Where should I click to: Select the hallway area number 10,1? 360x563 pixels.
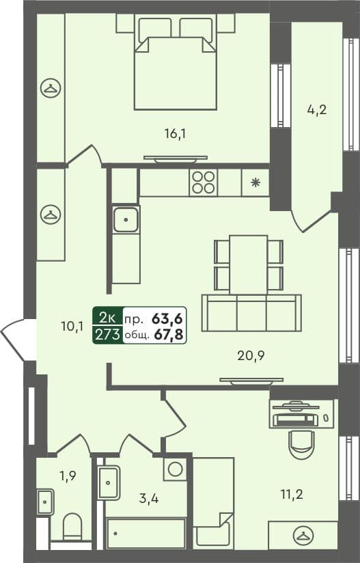[72, 327]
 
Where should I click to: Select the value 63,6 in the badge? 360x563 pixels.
[167, 318]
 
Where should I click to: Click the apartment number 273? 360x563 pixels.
[108, 334]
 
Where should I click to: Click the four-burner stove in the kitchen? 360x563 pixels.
[203, 182]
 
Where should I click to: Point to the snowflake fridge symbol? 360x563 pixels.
[255, 182]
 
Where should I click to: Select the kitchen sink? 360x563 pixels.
[126, 219]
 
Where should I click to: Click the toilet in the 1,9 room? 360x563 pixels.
[72, 528]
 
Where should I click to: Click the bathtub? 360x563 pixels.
[146, 534]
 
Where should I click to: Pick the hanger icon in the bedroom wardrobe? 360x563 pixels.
[50, 87]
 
